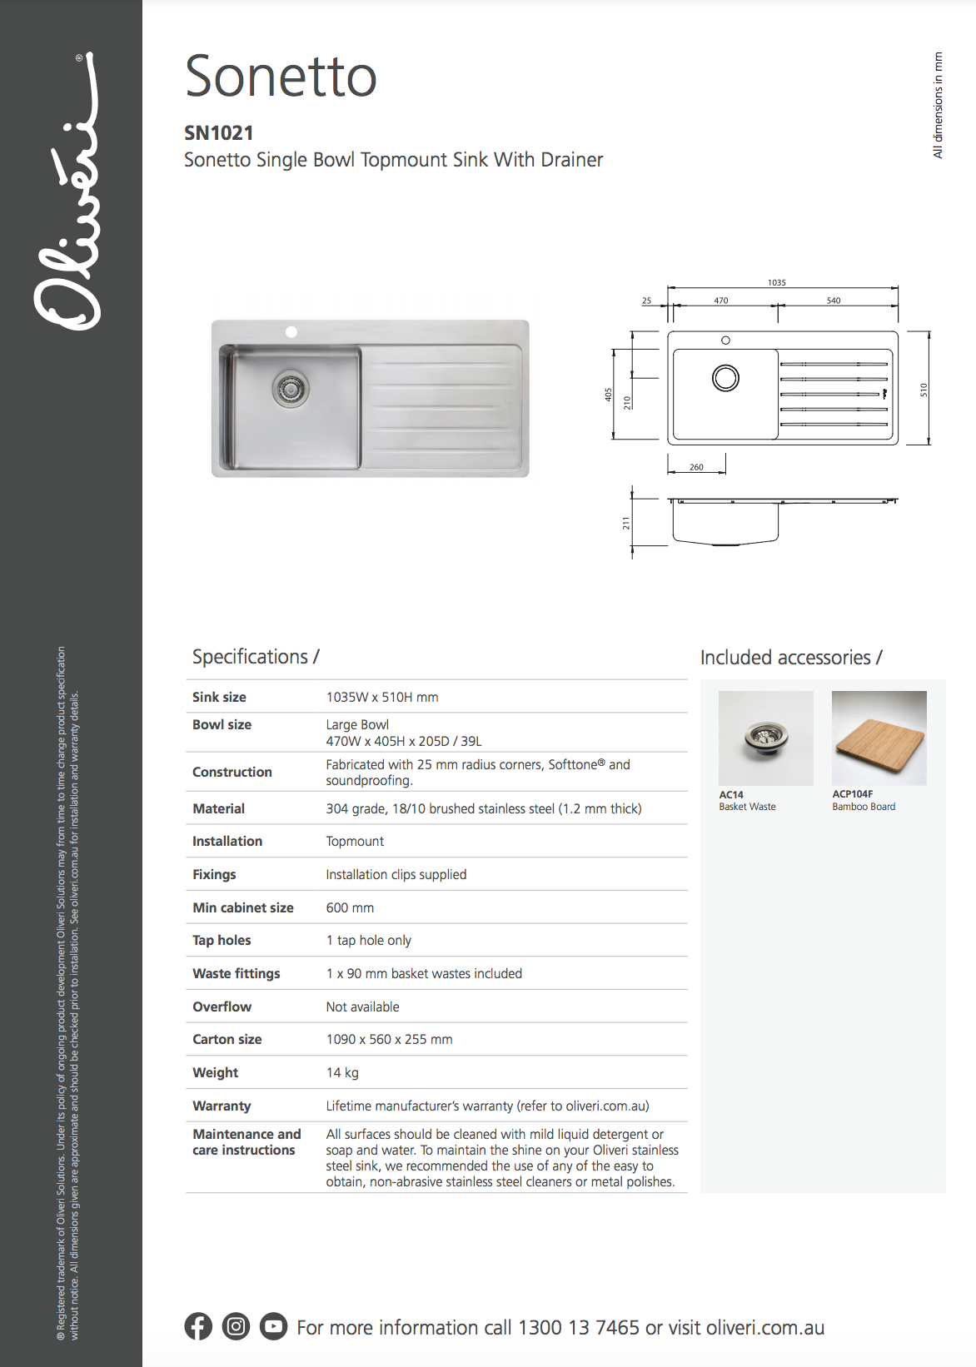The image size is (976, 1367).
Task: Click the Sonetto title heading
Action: click(x=281, y=77)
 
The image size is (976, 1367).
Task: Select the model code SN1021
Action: click(x=218, y=133)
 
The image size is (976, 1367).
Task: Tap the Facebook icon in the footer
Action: click(x=198, y=1326)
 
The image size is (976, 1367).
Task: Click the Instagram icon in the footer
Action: click(x=236, y=1326)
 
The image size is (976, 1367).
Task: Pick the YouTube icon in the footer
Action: click(x=273, y=1326)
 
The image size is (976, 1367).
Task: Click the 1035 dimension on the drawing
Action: click(x=776, y=283)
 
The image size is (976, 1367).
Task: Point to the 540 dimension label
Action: click(x=833, y=301)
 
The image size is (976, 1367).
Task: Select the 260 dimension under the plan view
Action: click(x=696, y=467)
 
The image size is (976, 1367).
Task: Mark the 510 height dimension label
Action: click(x=923, y=390)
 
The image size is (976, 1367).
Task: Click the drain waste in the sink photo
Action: click(x=291, y=388)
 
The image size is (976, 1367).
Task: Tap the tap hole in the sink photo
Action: click(x=291, y=332)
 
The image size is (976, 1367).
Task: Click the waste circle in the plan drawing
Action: click(x=725, y=378)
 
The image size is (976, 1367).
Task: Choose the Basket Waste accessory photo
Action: click(x=765, y=738)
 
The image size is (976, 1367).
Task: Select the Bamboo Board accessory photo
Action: click(x=879, y=738)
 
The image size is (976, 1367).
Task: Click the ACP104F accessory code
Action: click(x=853, y=794)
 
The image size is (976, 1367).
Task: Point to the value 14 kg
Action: click(x=342, y=1072)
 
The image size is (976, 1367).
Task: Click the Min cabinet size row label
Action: click(x=243, y=907)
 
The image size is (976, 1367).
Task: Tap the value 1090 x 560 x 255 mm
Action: click(x=389, y=1039)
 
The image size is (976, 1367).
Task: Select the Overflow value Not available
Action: click(x=362, y=1007)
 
